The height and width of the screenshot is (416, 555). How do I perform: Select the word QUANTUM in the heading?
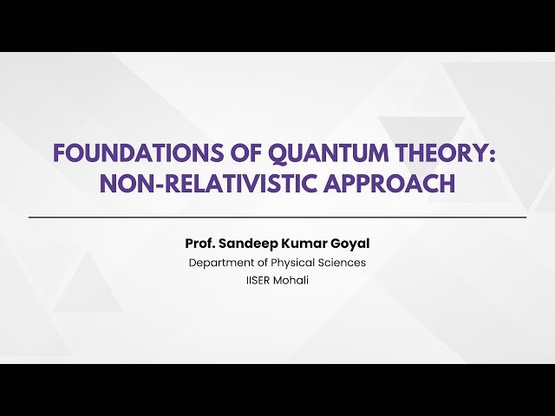305,153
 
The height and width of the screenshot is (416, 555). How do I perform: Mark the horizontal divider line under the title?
277,217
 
